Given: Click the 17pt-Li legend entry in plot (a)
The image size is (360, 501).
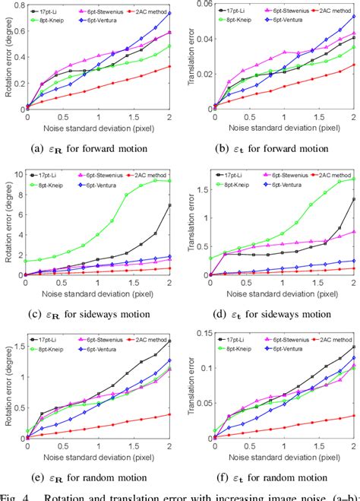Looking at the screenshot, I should tap(52, 11).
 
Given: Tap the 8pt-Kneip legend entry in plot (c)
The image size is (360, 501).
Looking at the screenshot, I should tap(52, 183).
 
